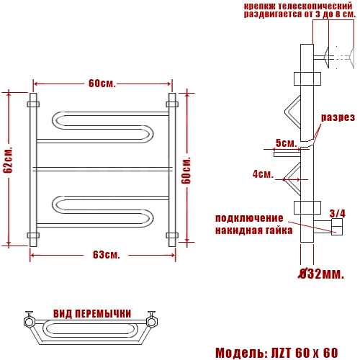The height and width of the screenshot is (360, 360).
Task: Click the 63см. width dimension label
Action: pos(107,255)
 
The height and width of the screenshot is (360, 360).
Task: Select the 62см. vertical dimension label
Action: pos(8,160)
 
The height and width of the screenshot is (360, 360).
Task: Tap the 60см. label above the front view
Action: pos(102,84)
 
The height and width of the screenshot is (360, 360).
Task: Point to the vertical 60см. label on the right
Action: pos(186,171)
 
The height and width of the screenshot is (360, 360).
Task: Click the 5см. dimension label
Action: pos(287,143)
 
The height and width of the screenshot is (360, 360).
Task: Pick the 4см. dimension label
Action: pos(263,174)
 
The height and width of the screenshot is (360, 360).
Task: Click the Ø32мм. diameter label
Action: pos(321,274)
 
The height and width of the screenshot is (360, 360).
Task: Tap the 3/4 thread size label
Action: pos(338,213)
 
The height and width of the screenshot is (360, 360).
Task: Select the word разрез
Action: pos(338,117)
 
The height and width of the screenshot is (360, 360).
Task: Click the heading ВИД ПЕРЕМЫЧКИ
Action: pos(92,314)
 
